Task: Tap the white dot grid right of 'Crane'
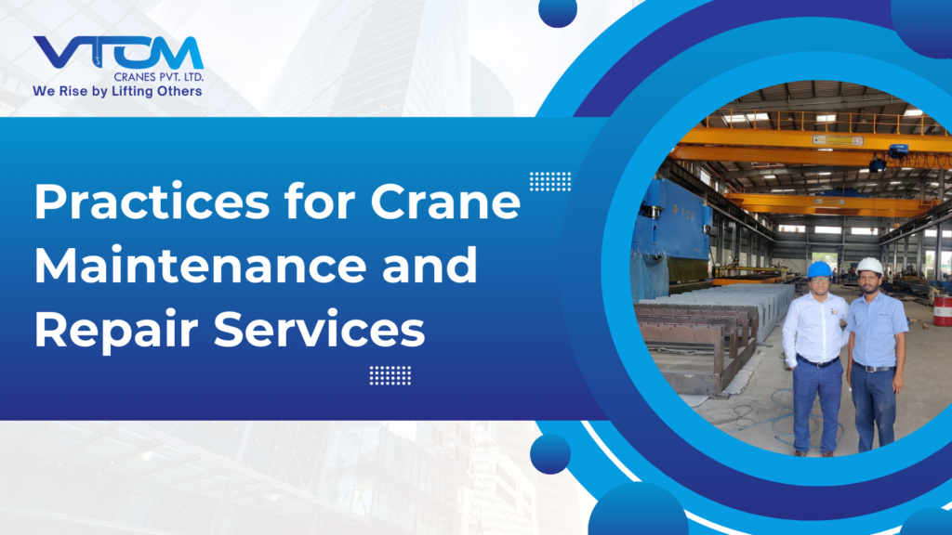tap(550, 181)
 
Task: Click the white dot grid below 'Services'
tap(390, 374)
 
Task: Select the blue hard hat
tap(819, 269)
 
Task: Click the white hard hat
tap(869, 266)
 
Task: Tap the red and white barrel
tap(942, 310)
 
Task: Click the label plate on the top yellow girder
tap(838, 140)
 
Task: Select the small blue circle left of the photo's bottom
tap(550, 454)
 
